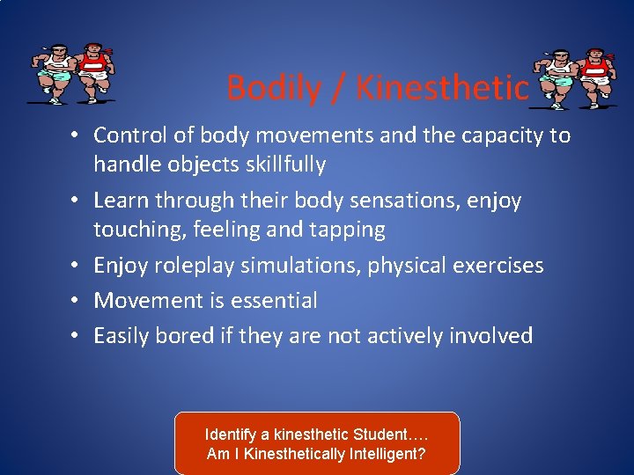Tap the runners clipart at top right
573,80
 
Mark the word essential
273,301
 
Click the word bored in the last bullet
185,336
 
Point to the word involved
492,336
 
